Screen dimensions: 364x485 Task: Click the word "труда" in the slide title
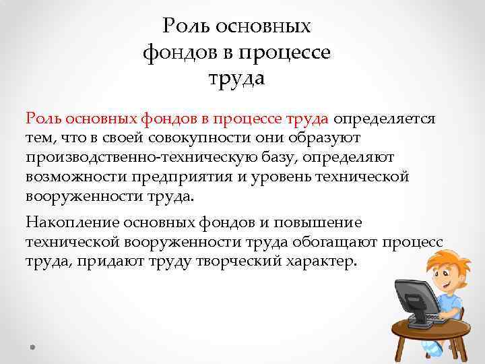pos(237,79)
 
